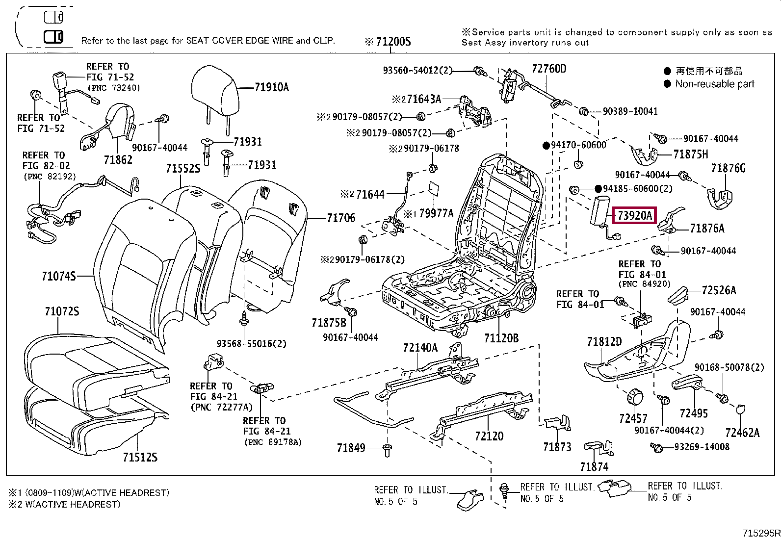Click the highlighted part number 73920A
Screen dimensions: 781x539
635,215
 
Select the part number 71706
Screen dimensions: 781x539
341,218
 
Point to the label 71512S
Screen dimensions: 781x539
140,457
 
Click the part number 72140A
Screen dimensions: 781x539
420,347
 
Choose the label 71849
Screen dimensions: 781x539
351,448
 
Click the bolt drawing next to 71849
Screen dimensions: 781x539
388,450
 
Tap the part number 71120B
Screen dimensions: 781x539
501,338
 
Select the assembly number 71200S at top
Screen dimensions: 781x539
393,42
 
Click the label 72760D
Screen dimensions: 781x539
549,68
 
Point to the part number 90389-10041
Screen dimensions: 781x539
630,111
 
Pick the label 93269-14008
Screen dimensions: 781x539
702,447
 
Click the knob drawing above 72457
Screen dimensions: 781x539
635,397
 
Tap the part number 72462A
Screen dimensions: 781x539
742,433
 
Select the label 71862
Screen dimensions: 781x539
118,160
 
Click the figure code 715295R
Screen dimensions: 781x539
761,533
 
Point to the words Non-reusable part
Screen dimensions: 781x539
715,84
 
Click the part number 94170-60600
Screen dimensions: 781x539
578,145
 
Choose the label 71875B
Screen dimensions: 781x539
329,323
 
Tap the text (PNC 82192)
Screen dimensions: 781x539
50,177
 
